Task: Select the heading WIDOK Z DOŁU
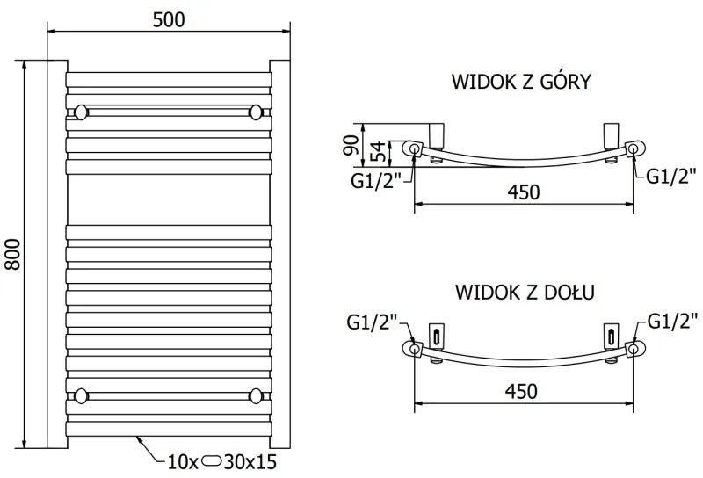coord(521,291)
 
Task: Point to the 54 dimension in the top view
coord(377,151)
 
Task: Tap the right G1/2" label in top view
coord(671,175)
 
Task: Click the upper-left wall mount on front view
coord(81,112)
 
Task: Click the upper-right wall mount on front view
coord(257,112)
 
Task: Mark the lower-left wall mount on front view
coord(81,394)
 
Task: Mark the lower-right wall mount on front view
coord(257,394)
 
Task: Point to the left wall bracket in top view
coord(437,136)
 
